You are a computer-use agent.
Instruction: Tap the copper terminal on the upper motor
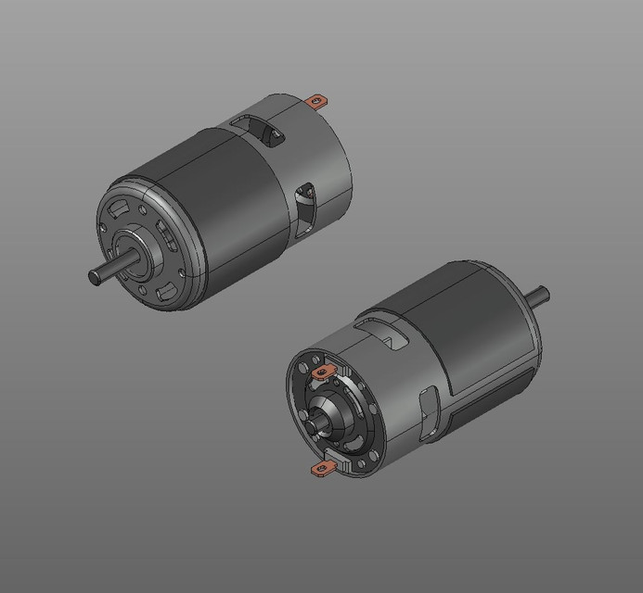click(317, 100)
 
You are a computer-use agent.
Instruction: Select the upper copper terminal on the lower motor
click(324, 372)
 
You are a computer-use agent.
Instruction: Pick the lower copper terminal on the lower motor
click(320, 472)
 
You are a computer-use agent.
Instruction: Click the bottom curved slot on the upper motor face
click(168, 295)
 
